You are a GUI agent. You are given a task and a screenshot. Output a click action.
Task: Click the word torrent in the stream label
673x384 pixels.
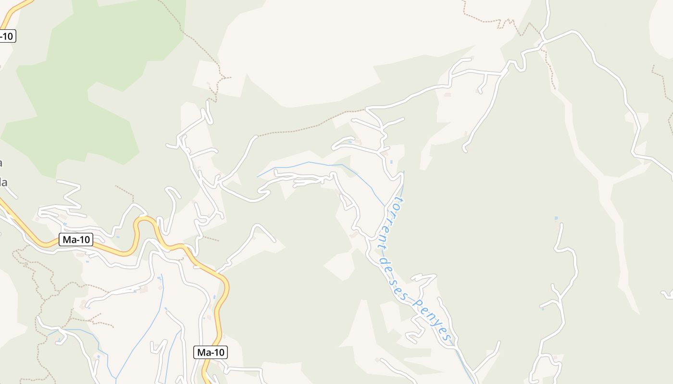click(x=392, y=219)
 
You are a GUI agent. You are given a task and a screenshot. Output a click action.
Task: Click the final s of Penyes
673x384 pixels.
click(x=448, y=338)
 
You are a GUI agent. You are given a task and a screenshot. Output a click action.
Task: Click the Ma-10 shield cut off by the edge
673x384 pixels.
click(x=7, y=36)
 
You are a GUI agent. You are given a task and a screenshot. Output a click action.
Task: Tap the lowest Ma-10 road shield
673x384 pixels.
click(x=211, y=352)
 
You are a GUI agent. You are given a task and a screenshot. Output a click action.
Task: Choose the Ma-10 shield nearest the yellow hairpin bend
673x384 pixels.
click(x=76, y=240)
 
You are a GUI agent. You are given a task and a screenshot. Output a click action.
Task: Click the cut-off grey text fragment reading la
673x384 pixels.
click(x=4, y=182)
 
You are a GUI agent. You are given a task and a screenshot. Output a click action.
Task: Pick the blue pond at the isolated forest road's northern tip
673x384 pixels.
click(x=556, y=218)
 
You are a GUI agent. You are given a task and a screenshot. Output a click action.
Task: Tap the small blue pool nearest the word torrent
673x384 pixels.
click(x=391, y=162)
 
